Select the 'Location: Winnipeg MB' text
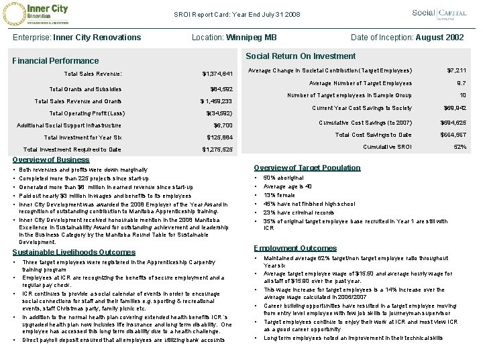(x=234, y=37)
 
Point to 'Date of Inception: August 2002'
(x=409, y=37)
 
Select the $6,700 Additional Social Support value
(x=222, y=125)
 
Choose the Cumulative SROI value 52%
(x=461, y=147)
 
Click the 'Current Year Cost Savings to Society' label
(x=362, y=109)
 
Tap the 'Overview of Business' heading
(x=51, y=160)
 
